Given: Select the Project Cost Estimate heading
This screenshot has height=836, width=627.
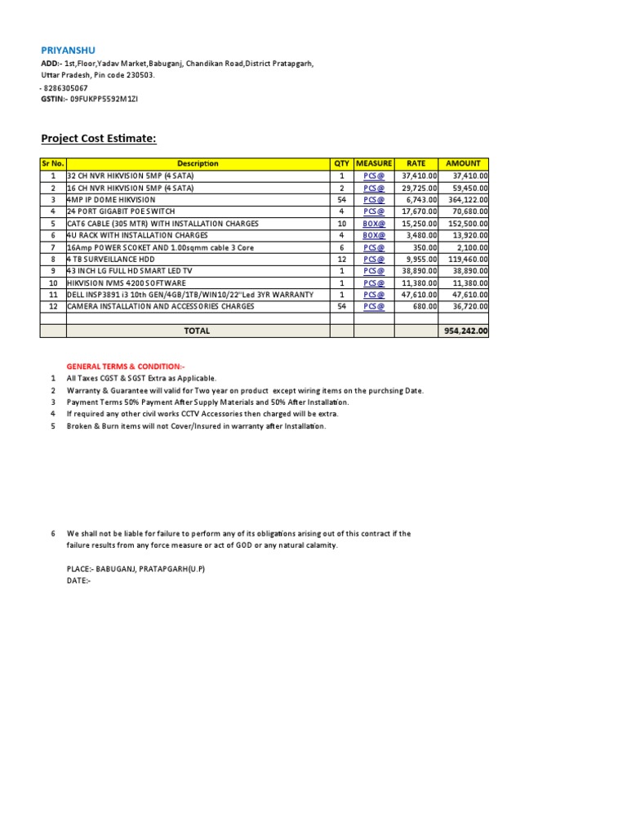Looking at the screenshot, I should pyautogui.click(x=99, y=139).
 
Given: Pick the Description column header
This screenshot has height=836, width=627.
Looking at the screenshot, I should pyautogui.click(x=198, y=163).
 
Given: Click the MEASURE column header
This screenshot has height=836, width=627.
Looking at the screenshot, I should pyautogui.click(x=374, y=163).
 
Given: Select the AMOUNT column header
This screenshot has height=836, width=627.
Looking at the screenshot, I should pyautogui.click(x=463, y=163).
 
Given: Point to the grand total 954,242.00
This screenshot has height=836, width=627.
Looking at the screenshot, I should pyautogui.click(x=465, y=331).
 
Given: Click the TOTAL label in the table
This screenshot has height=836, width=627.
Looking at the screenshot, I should pyautogui.click(x=197, y=331).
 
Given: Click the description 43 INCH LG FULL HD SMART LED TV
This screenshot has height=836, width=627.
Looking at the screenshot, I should pyautogui.click(x=131, y=270).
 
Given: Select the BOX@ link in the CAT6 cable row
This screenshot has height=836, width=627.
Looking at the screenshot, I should pyautogui.click(x=374, y=223).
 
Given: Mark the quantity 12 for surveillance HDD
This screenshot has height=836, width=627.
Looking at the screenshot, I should pyautogui.click(x=342, y=259).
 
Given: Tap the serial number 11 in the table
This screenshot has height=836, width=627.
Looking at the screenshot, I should pyautogui.click(x=53, y=294).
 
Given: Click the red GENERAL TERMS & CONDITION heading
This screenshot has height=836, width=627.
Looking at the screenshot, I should pyautogui.click(x=126, y=367).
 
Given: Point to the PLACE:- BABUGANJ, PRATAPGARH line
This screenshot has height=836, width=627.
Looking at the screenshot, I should pyautogui.click(x=136, y=568).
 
